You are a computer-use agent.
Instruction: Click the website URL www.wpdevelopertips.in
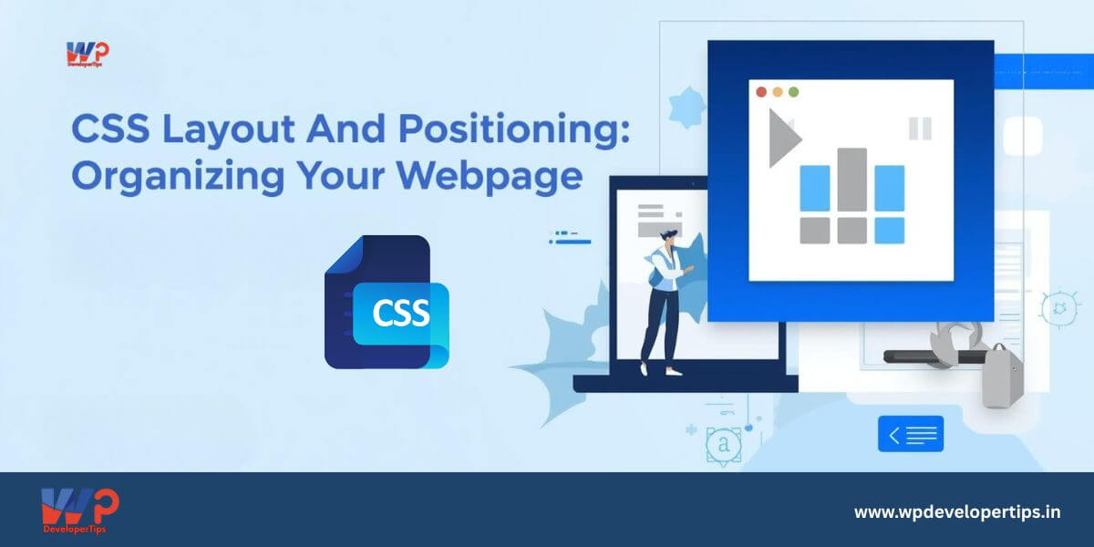pos(957,512)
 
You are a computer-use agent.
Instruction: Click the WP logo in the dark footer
pos(80,511)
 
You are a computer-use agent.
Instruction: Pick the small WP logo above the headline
pos(88,54)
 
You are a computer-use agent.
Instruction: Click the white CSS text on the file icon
pos(401,313)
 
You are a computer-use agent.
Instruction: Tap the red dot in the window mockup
pos(761,92)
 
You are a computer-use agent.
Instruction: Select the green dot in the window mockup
pos(794,92)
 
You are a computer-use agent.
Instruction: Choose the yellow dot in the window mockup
pos(778,92)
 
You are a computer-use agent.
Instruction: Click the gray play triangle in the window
pos(782,139)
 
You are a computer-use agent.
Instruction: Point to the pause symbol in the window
pos(920,129)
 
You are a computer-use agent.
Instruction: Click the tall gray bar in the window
pos(851,180)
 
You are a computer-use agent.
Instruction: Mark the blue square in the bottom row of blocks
pos(890,231)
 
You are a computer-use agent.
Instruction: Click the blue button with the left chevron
pos(911,434)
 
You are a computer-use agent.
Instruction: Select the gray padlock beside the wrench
pos(1002,376)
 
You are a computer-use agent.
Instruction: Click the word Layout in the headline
pos(228,129)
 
